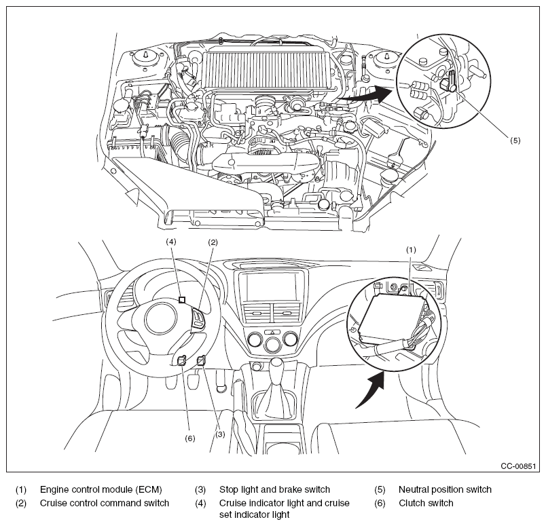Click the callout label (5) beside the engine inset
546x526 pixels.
515,140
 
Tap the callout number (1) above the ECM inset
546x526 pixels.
412,250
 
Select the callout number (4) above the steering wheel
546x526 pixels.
171,242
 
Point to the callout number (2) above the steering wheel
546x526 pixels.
213,242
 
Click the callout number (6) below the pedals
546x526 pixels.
189,438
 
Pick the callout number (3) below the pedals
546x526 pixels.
220,434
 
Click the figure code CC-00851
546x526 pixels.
518,466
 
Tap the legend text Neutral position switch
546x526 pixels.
445,489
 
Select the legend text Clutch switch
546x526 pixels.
426,503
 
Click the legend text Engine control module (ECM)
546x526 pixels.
101,489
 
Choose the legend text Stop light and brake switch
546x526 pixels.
274,489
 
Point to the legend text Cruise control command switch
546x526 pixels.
105,503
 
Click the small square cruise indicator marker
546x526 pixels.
182,300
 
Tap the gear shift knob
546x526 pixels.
277,367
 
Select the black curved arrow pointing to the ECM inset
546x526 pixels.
371,389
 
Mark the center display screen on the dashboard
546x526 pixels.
270,286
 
